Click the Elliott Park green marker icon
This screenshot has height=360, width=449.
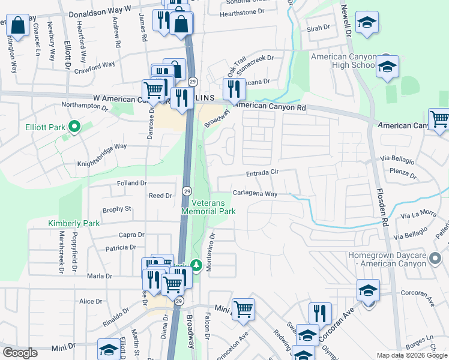click(x=74, y=127)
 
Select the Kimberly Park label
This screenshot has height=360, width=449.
click(x=73, y=223)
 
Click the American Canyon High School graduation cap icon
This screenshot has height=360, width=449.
click(x=387, y=67)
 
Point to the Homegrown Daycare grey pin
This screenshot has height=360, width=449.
click(x=436, y=259)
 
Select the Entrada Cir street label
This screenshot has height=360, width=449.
click(x=262, y=174)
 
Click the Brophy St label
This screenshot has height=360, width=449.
click(x=116, y=209)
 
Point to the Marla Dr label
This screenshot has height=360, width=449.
click(x=100, y=276)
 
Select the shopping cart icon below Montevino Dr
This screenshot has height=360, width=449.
click(x=243, y=309)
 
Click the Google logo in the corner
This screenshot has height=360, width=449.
click(x=20, y=353)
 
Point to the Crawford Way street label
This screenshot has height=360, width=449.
click(x=100, y=65)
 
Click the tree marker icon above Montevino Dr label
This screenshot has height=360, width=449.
click(x=195, y=265)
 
